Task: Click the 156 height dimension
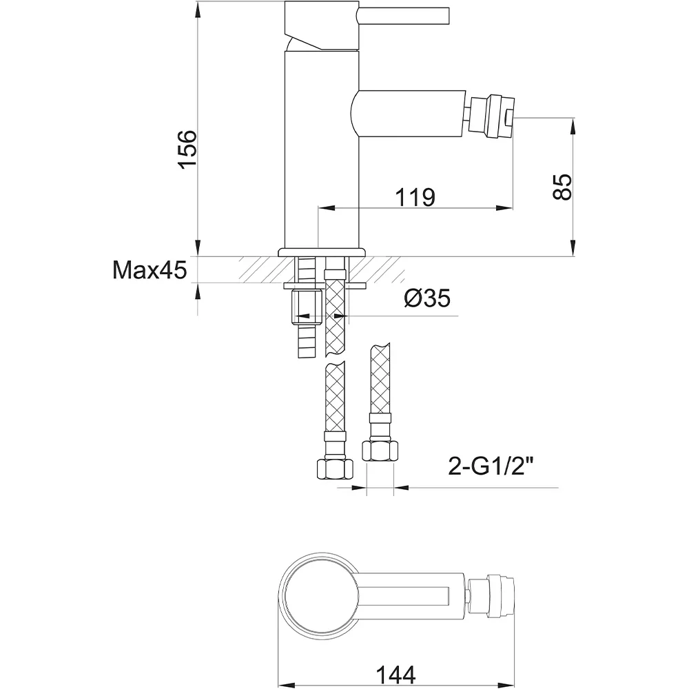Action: click(187, 149)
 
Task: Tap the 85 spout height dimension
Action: click(563, 187)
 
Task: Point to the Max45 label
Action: click(150, 270)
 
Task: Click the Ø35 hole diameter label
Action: click(427, 298)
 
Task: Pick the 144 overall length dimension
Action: click(395, 674)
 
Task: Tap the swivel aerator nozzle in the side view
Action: click(491, 117)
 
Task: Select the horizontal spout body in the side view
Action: click(408, 114)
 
